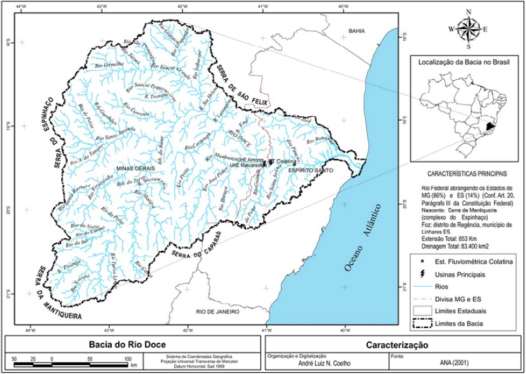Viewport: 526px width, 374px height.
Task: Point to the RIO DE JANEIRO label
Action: (x=218, y=311)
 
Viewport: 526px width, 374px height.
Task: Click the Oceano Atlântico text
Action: (x=361, y=237)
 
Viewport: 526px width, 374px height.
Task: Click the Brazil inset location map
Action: (x=464, y=116)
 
